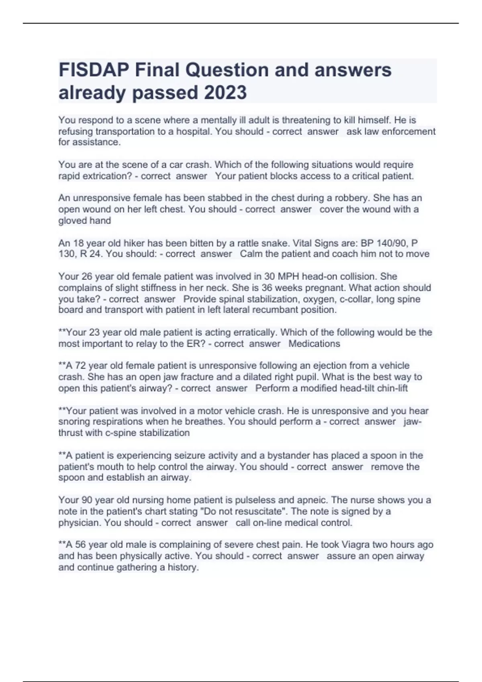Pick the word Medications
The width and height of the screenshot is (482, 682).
[314, 343]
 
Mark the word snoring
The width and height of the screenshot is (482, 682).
[74, 421]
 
